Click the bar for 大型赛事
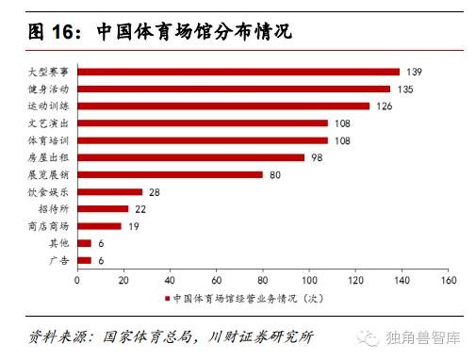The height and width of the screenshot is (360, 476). [x=238, y=72]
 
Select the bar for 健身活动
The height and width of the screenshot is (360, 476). [x=234, y=89]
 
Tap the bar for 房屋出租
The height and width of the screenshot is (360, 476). [x=191, y=157]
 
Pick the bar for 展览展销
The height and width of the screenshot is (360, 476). [x=170, y=174]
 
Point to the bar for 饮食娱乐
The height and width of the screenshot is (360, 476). [x=109, y=191]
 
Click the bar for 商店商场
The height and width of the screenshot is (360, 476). [x=99, y=225]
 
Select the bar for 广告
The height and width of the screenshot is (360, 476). [x=84, y=259]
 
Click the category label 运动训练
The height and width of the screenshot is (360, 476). [x=49, y=106]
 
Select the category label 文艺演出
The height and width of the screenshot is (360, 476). [x=49, y=123]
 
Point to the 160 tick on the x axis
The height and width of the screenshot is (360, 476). [x=448, y=280]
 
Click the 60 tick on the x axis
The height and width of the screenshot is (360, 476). [x=216, y=280]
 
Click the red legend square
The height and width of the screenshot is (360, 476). [x=168, y=299]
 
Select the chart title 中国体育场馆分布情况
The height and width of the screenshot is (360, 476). [x=194, y=32]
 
